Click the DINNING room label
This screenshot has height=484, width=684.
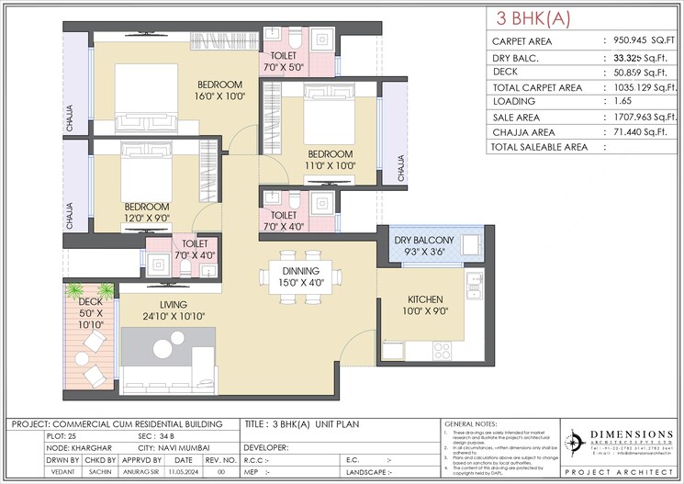[x=301, y=271]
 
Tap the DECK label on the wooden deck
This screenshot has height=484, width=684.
[x=90, y=300]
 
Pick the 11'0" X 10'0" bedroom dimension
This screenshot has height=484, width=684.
[x=330, y=165]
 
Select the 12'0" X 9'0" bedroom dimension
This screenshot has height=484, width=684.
[x=147, y=219]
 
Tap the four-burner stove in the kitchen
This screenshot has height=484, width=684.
[x=442, y=350]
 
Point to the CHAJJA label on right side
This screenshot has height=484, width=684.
[x=399, y=168]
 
